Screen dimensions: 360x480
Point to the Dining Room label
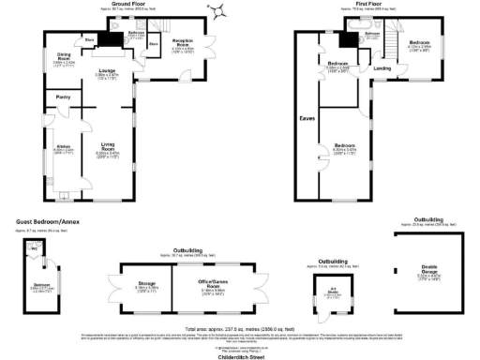(65, 55)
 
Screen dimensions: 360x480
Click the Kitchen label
(64, 147)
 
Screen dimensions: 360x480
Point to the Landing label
(382, 68)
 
